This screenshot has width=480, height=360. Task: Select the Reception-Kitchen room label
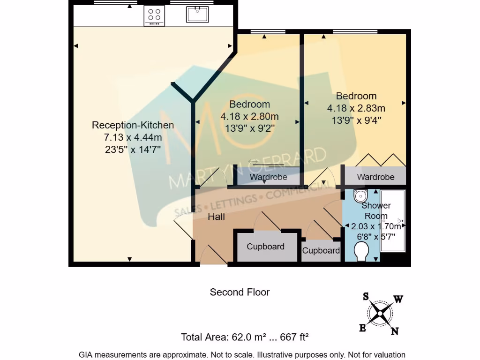click(133, 125)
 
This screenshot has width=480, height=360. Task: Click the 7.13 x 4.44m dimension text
click(133, 137)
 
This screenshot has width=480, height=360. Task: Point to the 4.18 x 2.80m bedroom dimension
click(249, 116)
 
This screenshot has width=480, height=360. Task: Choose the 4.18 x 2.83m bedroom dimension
click(356, 108)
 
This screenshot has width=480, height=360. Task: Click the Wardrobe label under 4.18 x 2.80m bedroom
click(268, 177)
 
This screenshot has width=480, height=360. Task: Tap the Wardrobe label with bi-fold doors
click(375, 177)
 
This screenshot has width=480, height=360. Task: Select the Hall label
click(217, 217)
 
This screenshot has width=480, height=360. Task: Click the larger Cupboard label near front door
click(265, 247)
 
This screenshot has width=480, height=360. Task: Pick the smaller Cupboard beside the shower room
click(321, 251)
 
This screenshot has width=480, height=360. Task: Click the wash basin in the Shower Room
click(360, 195)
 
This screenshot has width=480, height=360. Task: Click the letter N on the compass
click(395, 331)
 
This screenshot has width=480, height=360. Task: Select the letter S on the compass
click(366, 296)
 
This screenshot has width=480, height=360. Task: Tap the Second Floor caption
click(240, 292)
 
